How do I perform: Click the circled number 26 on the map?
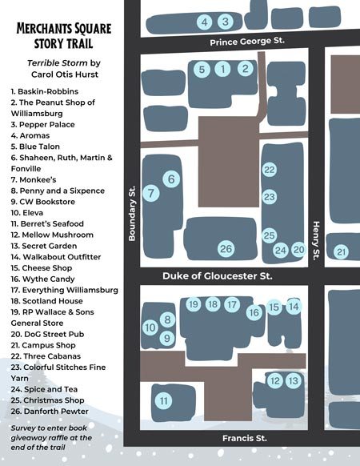click(226, 249)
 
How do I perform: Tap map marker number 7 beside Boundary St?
click(151, 193)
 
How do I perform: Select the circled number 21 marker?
click(342, 252)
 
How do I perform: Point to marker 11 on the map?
click(164, 400)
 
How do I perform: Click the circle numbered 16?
click(254, 312)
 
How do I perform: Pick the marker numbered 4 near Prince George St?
click(204, 22)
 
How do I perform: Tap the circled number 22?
click(270, 170)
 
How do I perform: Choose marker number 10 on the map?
click(150, 327)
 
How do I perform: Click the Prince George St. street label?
click(247, 42)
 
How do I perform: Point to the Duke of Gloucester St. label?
click(218, 276)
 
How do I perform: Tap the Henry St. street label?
click(316, 241)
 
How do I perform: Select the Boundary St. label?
click(132, 214)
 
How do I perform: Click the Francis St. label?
click(245, 438)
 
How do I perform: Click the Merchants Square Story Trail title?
click(64, 36)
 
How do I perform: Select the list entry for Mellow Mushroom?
click(52, 235)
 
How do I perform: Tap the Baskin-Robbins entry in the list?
click(45, 91)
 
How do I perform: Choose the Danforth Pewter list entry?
click(50, 412)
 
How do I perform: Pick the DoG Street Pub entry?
click(47, 334)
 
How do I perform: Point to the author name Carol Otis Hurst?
click(65, 74)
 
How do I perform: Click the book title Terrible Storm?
click(58, 63)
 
